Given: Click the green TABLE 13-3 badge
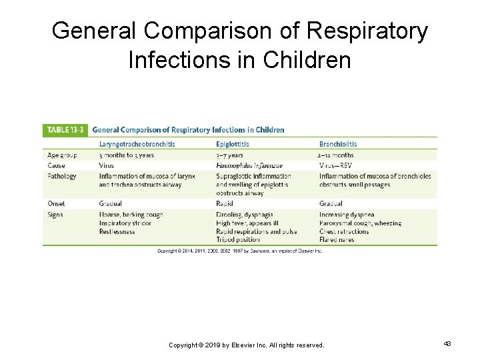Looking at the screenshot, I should click(65, 130).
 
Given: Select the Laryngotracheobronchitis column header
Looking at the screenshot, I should click(137, 144).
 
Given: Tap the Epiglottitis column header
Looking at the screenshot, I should click(233, 144).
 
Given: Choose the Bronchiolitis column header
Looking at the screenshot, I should click(338, 144).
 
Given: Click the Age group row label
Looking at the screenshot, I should click(62, 155).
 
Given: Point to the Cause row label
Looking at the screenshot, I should click(56, 165).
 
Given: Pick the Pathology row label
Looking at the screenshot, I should click(62, 176).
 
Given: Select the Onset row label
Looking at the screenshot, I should click(56, 203).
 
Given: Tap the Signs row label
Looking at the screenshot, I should click(55, 215).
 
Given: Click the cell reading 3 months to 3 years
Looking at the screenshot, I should click(127, 155).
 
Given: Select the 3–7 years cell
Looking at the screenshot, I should click(230, 155).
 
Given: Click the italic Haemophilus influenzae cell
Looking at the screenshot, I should click(249, 165).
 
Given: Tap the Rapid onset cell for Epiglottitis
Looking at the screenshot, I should click(225, 203).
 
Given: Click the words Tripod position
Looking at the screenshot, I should click(238, 239).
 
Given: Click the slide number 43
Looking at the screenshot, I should click(447, 344).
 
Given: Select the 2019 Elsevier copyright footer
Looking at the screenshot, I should click(246, 345).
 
